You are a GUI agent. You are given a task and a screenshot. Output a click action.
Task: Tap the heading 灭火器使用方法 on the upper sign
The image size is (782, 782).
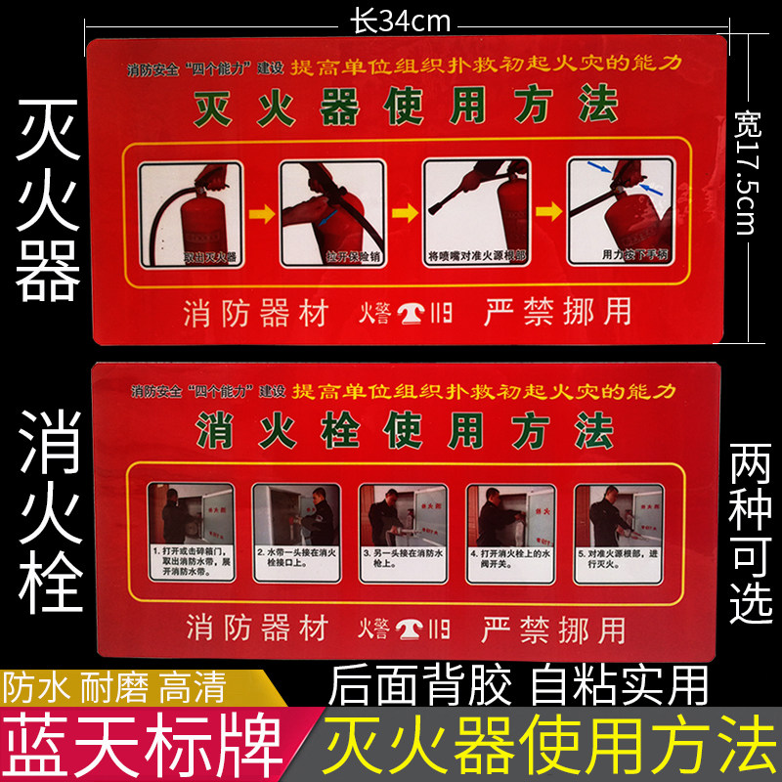[406, 106]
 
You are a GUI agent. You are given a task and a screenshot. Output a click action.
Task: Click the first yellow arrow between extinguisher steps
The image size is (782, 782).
[260, 211]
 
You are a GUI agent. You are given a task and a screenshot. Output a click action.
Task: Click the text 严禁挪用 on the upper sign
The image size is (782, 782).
[558, 311]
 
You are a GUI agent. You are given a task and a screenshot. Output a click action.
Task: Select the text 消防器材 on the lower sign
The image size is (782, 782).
[256, 627]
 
